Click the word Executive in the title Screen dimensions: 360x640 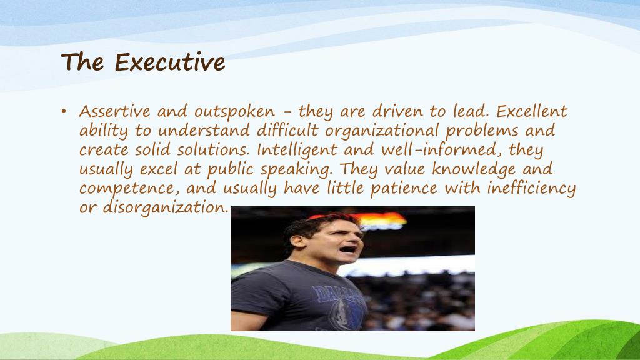(169, 62)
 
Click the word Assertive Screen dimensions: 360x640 (115, 112)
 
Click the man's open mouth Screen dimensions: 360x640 (349, 249)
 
